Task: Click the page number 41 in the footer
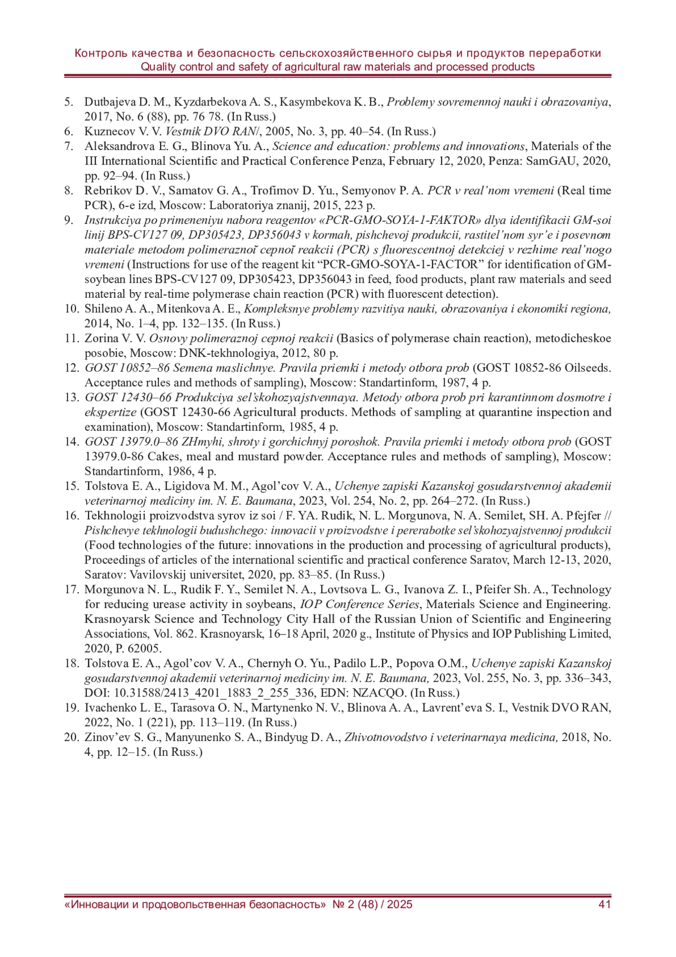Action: pos(604,905)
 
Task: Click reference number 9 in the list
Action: pos(68,220)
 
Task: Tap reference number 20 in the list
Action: pos(71,737)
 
